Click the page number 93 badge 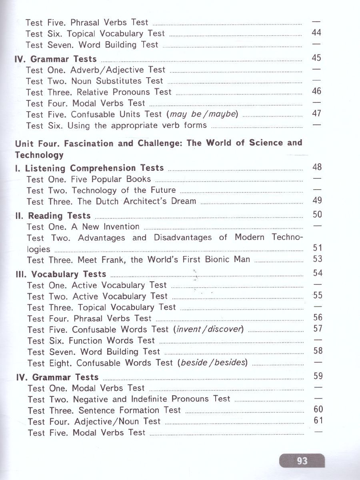(302, 461)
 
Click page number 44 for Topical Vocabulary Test (316, 33)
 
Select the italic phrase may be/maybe (204, 114)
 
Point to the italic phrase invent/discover (208, 330)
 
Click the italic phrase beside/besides (213, 363)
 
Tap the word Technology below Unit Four (39, 155)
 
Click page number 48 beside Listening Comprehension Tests (317, 167)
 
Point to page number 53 (318, 259)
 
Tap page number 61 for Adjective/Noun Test (318, 420)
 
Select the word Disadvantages (182, 238)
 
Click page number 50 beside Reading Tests (317, 215)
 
